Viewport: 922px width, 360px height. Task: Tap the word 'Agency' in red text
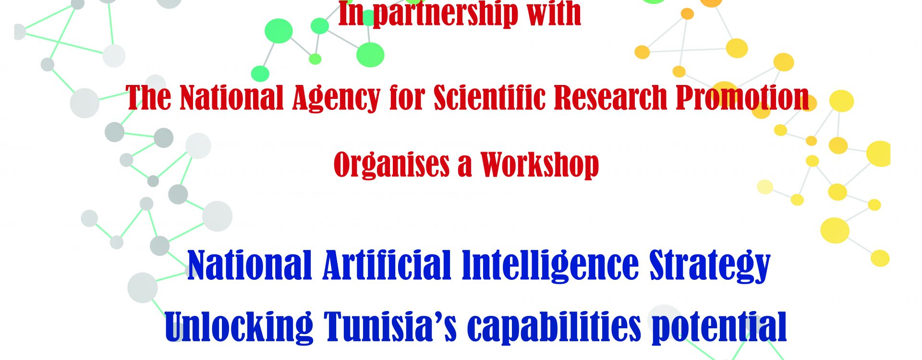click(336, 98)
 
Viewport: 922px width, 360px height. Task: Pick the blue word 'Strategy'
click(710, 265)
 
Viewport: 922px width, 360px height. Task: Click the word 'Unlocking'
click(239, 327)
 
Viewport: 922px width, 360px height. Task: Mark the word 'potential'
click(719, 327)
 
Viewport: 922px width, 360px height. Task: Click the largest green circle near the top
click(370, 54)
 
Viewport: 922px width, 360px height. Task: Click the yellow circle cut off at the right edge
click(879, 154)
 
